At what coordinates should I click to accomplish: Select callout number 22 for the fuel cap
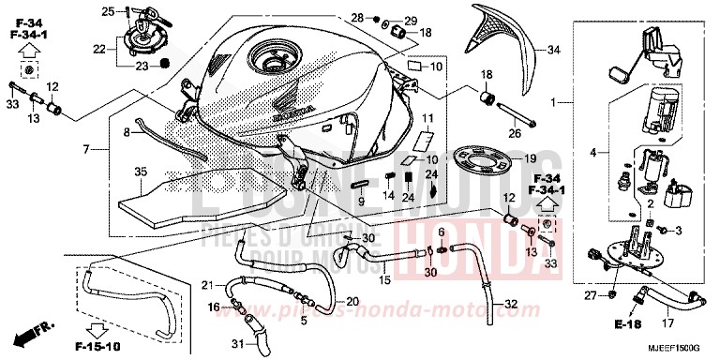98,48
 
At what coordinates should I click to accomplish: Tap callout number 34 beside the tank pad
553,50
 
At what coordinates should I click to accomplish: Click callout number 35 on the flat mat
141,172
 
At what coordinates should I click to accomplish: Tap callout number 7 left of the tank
86,150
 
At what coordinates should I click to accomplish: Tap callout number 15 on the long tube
384,279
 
